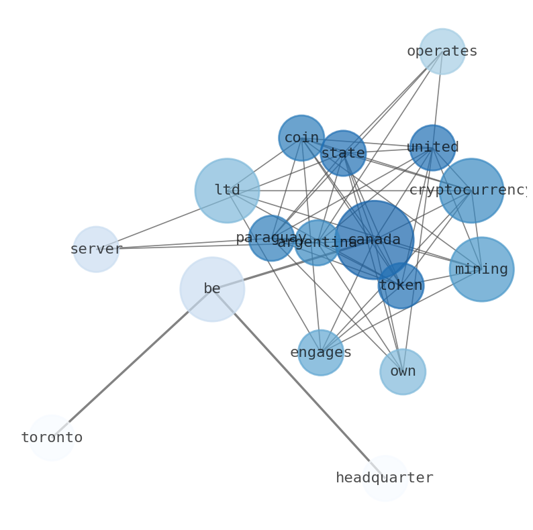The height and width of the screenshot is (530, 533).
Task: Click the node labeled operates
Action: click(x=442, y=52)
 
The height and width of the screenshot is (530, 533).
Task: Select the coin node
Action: click(x=301, y=138)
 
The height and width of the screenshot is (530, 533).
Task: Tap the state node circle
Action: click(x=343, y=154)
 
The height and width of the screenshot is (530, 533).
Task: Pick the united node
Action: click(x=432, y=148)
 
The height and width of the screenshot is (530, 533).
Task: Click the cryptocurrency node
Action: click(x=471, y=191)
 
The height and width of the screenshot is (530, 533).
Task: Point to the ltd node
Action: click(x=227, y=191)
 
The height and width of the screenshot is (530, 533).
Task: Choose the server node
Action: click(x=96, y=249)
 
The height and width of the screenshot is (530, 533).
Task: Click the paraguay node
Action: click(x=271, y=238)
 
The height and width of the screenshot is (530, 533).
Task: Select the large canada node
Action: click(x=375, y=240)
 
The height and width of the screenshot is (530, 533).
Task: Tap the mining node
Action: click(x=481, y=269)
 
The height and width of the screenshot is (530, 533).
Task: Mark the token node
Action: click(x=401, y=286)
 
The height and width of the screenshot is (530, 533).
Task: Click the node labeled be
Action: click(x=212, y=289)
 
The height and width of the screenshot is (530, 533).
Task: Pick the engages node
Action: click(x=321, y=352)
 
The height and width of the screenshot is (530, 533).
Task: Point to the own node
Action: click(x=403, y=372)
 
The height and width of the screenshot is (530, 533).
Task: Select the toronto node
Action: click(x=51, y=437)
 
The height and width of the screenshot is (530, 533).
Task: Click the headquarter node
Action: click(x=385, y=478)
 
